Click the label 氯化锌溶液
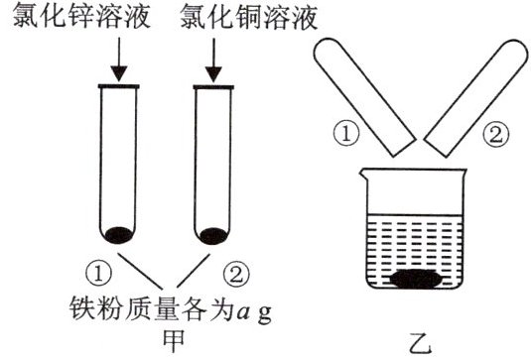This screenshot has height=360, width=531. pyautogui.click(x=81, y=16)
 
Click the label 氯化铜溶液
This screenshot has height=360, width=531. pyautogui.click(x=249, y=16)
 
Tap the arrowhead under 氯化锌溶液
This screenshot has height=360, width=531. pyautogui.click(x=119, y=74)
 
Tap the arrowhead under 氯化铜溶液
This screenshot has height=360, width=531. pyautogui.click(x=213, y=74)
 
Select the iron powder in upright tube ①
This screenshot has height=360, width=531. pyautogui.click(x=118, y=235)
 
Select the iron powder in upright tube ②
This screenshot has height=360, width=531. pyautogui.click(x=213, y=235)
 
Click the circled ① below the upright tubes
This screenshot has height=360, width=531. pyautogui.click(x=98, y=274)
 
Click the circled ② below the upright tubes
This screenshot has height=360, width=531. pyautogui.click(x=236, y=274)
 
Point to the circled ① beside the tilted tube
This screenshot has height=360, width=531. pyautogui.click(x=345, y=134)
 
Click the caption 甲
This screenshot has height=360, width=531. pyautogui.click(x=174, y=341)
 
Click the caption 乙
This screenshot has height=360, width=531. pyautogui.click(x=420, y=343)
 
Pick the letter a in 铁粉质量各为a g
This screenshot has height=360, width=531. pyautogui.click(x=244, y=312)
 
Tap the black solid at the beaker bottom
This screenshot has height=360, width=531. pyautogui.click(x=416, y=279)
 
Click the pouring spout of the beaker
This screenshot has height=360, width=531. pyautogui.click(x=363, y=174)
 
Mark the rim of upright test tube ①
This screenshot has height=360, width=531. pyautogui.click(x=118, y=86)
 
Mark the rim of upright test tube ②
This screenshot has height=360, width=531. pyautogui.click(x=213, y=87)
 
